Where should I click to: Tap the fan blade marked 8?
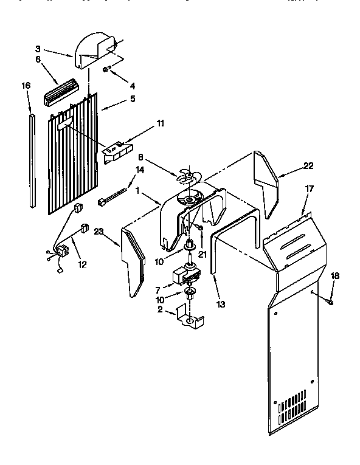tap(187, 177)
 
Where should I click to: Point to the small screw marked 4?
tap(106, 70)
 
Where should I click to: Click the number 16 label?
tap(26, 86)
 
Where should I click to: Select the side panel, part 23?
tap(134, 261)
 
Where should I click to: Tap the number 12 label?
tap(82, 264)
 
